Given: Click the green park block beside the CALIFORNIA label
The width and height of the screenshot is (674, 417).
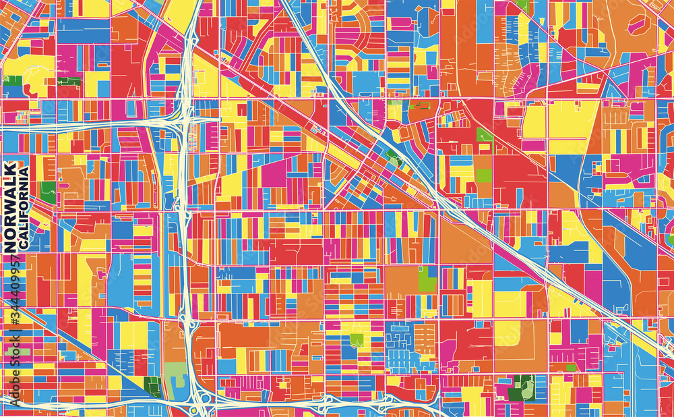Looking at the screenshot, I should click(x=47, y=192).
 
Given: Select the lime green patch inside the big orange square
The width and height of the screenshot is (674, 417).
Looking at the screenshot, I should click(x=427, y=279).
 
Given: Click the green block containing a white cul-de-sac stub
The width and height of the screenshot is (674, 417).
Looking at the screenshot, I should click(x=356, y=340).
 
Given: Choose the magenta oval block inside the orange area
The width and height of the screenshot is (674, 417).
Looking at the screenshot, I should click(x=637, y=26).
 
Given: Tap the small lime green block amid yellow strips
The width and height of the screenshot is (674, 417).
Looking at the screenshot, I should click(x=484, y=175).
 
